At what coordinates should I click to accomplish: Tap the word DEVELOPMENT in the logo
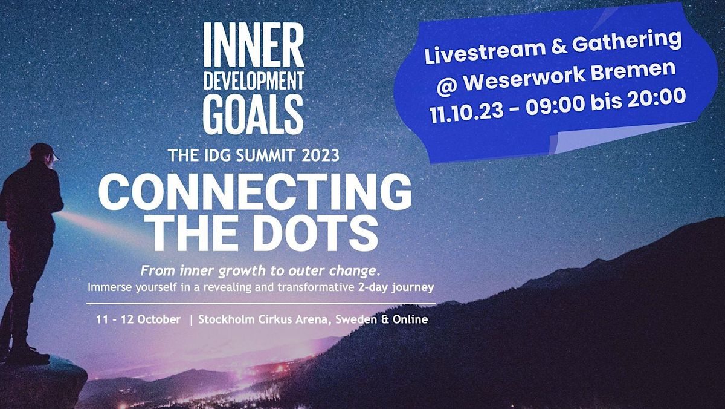(x=253, y=82)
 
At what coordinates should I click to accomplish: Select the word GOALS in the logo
(x=253, y=113)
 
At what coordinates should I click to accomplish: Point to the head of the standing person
(x=43, y=154)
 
